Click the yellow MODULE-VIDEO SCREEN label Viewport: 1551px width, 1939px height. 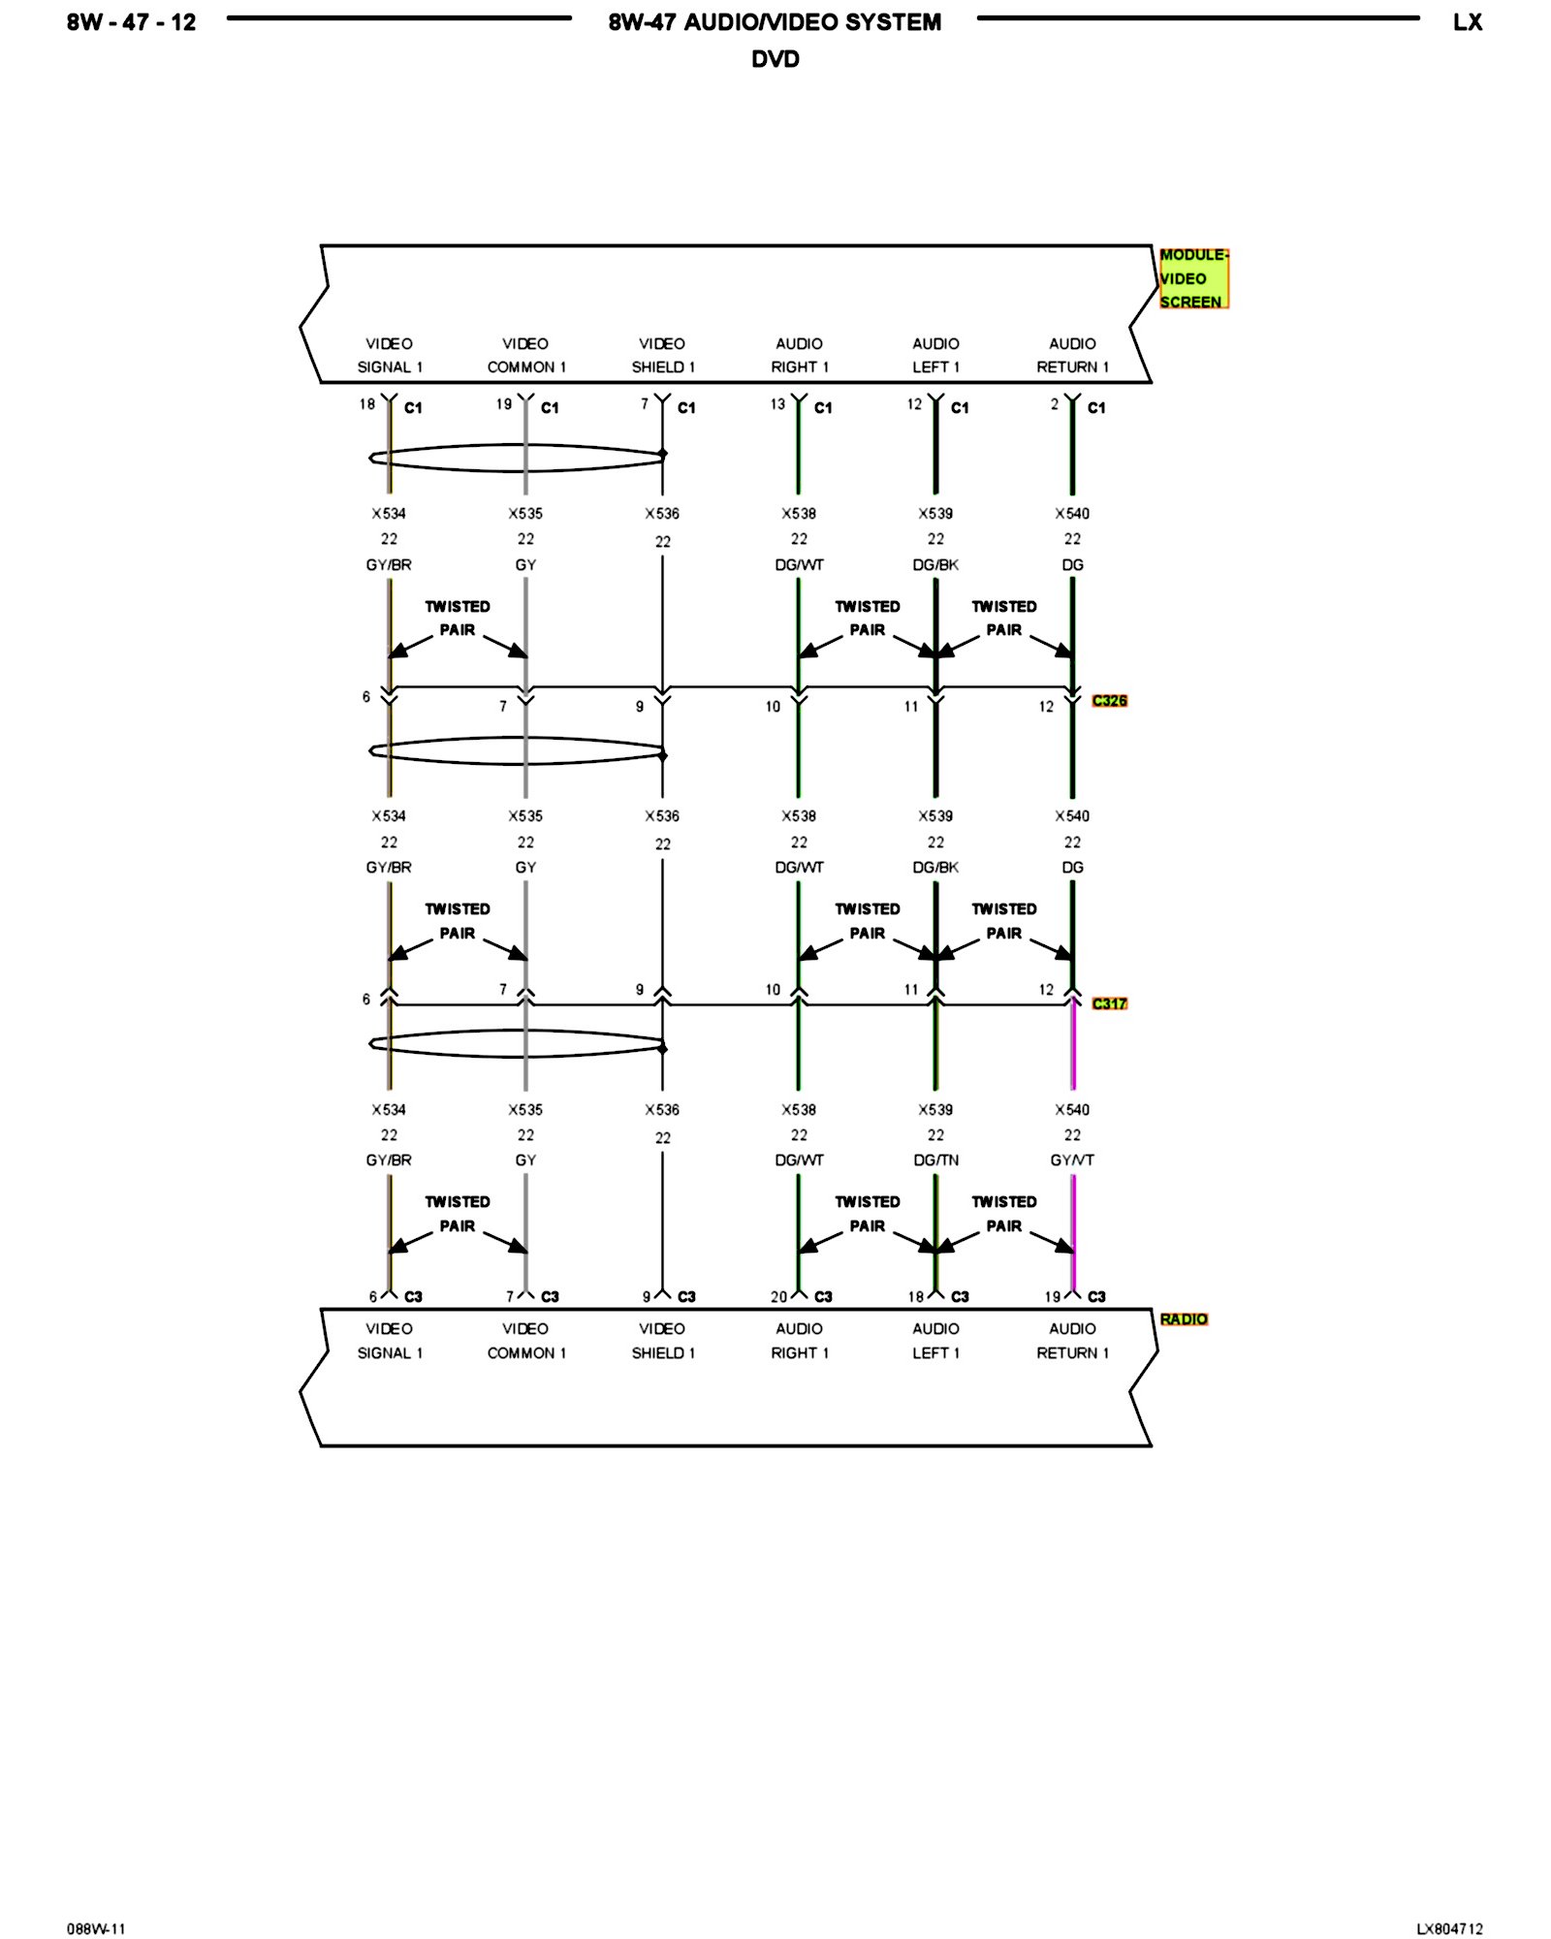1193,278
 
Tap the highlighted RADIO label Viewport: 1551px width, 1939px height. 1184,1319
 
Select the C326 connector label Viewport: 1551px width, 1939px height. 1109,701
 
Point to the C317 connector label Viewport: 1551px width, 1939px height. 1109,1003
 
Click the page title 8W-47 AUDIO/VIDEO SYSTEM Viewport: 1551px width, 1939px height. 775,22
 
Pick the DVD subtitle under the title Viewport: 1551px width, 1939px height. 775,59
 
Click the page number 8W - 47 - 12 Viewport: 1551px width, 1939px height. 131,22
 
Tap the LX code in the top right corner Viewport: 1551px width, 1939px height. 1467,22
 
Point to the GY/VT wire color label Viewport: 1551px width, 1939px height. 1072,1160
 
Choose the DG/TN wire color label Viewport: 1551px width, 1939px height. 935,1160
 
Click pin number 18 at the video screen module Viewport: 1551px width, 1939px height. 367,404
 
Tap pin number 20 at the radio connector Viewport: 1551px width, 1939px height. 778,1297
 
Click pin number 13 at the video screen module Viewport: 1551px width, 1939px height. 777,404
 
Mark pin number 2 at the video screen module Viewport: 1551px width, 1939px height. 1055,404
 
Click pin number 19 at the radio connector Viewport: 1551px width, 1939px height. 1052,1297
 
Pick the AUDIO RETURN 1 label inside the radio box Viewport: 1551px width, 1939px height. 1072,1341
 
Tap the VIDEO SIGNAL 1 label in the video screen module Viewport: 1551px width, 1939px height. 390,356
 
